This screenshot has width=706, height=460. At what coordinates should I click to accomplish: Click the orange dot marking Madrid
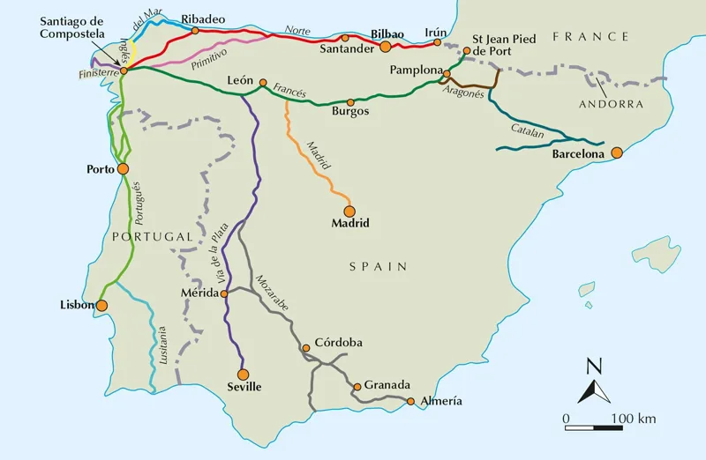point(349,211)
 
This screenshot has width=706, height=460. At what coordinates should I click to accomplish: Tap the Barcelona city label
point(578,153)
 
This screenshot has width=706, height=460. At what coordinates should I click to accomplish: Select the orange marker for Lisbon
point(101,306)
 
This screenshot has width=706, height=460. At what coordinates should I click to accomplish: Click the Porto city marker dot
point(123,168)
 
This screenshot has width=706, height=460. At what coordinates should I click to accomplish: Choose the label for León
point(240,78)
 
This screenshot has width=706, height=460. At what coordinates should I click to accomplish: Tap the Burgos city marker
point(350,102)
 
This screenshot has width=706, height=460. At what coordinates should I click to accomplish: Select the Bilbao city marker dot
point(385,45)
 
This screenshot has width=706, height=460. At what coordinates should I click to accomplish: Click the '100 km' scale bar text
point(635,417)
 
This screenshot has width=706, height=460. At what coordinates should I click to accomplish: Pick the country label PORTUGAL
point(152,237)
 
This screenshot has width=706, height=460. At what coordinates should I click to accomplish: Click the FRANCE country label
point(590,37)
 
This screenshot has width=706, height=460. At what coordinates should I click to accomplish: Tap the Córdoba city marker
point(306,348)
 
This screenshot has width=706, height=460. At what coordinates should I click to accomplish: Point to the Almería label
point(440,401)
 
